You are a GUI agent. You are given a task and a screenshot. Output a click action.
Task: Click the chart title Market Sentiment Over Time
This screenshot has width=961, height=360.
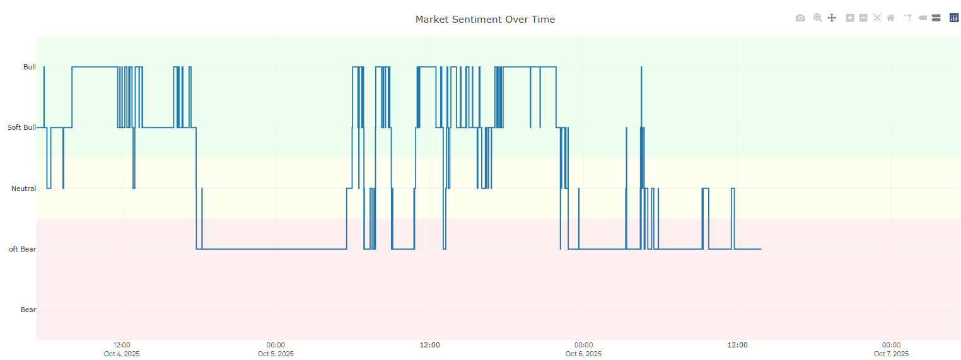pos(485,20)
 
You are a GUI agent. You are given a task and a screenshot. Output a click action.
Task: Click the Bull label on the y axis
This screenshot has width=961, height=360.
pos(30,67)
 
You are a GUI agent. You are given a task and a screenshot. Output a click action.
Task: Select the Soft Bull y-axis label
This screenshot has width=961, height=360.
pos(22,127)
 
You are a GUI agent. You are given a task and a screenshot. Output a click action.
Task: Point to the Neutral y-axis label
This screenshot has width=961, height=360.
pos(23,189)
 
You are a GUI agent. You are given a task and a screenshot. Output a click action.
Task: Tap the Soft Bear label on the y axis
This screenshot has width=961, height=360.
pos(22,249)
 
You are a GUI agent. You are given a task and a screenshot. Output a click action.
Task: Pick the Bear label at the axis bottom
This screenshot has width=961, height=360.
pos(28,310)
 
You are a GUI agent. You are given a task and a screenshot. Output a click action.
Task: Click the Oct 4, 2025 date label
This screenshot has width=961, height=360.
pos(122,354)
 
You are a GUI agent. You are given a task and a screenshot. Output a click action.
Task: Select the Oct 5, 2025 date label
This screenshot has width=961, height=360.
pos(276,354)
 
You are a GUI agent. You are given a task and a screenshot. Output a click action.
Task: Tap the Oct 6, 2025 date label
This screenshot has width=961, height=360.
pos(583,354)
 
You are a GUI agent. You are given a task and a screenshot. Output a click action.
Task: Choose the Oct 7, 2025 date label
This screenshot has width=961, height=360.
pos(891,354)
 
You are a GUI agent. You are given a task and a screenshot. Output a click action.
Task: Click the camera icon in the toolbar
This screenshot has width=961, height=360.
pos(800,18)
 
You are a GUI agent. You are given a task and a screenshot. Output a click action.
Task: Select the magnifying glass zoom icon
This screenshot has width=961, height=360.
pos(817,18)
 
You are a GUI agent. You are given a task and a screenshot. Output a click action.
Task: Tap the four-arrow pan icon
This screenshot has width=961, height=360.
pos(832,18)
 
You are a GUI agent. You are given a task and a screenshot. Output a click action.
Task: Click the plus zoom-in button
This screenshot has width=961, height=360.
pos(850,18)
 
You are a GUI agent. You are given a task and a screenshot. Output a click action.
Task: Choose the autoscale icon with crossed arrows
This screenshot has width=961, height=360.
pos(877,18)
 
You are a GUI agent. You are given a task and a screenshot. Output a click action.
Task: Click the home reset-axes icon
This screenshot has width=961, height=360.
pos(890,18)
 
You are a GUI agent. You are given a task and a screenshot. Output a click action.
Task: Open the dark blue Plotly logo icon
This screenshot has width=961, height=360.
pos(954,18)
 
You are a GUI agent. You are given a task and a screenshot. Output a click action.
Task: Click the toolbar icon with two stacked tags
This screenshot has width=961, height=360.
pos(936,18)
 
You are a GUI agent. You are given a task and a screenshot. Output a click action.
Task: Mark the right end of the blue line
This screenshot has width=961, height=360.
pos(760,249)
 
